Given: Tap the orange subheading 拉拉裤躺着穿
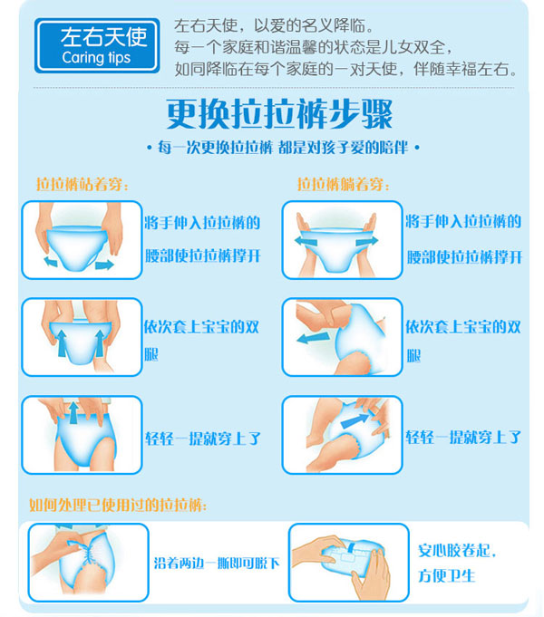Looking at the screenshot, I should (341, 184).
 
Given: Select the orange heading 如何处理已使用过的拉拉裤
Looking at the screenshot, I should (118, 504).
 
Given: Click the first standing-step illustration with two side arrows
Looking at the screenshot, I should (82, 240).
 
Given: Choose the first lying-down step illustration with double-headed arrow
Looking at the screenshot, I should (342, 240).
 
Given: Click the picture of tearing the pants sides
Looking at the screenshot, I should (87, 562).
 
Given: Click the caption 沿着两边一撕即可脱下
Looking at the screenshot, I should (216, 563).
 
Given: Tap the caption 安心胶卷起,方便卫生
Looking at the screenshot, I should (458, 563).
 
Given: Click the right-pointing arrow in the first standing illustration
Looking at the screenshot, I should (104, 265).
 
